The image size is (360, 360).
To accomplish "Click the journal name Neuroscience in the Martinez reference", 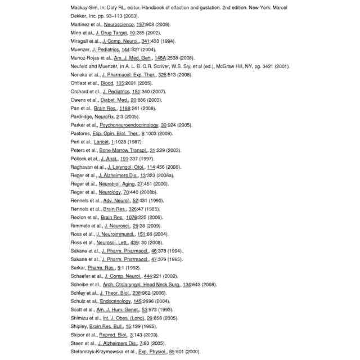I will [x=119, y=25].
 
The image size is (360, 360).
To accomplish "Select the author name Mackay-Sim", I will [x=83, y=8].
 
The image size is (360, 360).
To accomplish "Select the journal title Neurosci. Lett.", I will [x=114, y=242].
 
